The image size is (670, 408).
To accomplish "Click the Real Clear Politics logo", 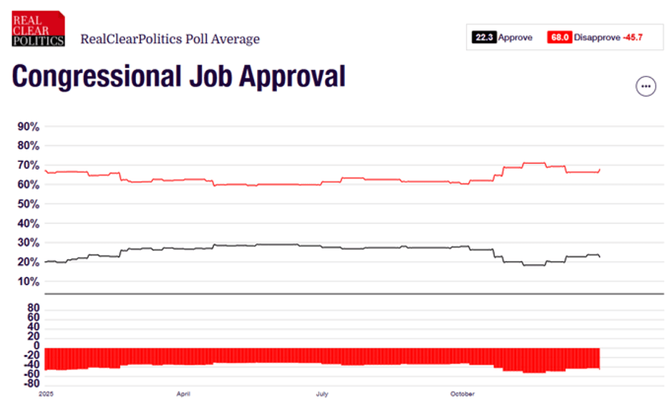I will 38,29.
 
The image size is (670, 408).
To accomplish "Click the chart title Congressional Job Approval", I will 178,76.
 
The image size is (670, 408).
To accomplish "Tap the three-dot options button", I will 646,86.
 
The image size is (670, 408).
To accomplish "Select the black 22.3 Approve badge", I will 483,37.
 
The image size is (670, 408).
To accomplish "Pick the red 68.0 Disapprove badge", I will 560,37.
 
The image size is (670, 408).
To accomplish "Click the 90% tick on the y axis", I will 29,127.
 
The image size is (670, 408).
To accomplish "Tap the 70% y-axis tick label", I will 29,165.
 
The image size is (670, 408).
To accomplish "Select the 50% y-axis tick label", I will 29,204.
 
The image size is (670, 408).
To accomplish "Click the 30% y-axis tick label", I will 29,243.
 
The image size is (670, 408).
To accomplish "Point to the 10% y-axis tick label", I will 29,281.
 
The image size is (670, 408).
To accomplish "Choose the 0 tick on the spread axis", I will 36,345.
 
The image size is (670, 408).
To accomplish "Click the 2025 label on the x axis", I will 46,394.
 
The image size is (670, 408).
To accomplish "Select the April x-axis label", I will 183,394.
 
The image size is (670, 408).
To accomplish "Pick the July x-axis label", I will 322,394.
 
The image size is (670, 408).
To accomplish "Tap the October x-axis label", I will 462,394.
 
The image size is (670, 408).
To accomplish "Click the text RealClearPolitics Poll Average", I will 170,39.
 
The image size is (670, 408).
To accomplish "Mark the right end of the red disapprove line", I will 599,170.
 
